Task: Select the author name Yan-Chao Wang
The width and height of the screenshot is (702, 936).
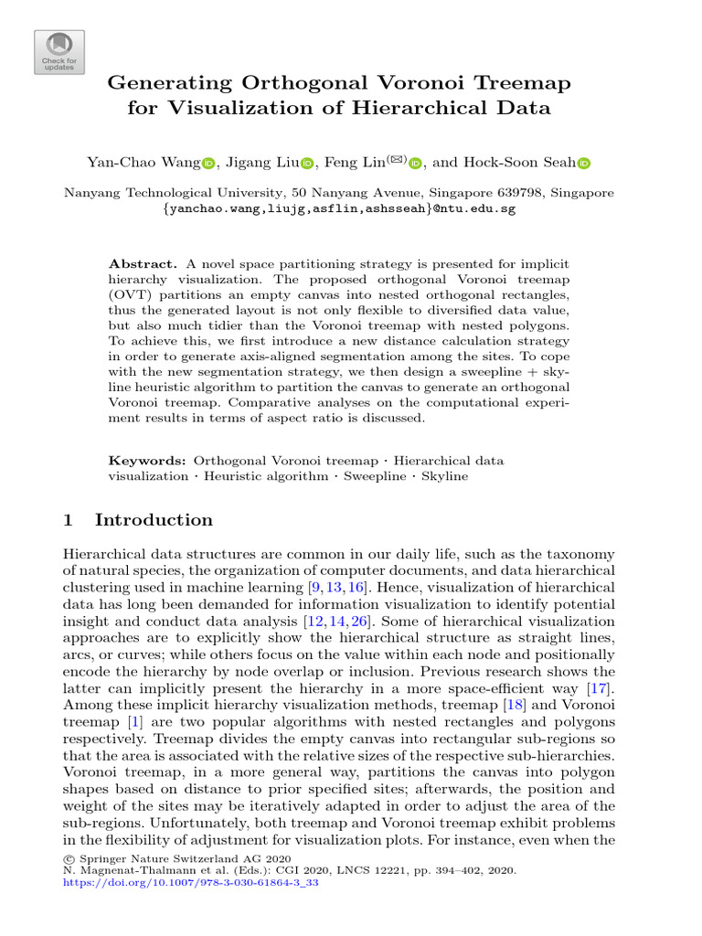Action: [143, 163]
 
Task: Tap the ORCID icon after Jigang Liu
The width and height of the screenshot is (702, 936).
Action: [306, 164]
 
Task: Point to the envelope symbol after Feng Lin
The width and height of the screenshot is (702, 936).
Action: [396, 160]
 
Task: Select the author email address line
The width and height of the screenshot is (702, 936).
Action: [339, 208]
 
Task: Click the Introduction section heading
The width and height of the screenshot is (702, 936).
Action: [154, 520]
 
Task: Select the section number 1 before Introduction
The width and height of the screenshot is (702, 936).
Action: [68, 520]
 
